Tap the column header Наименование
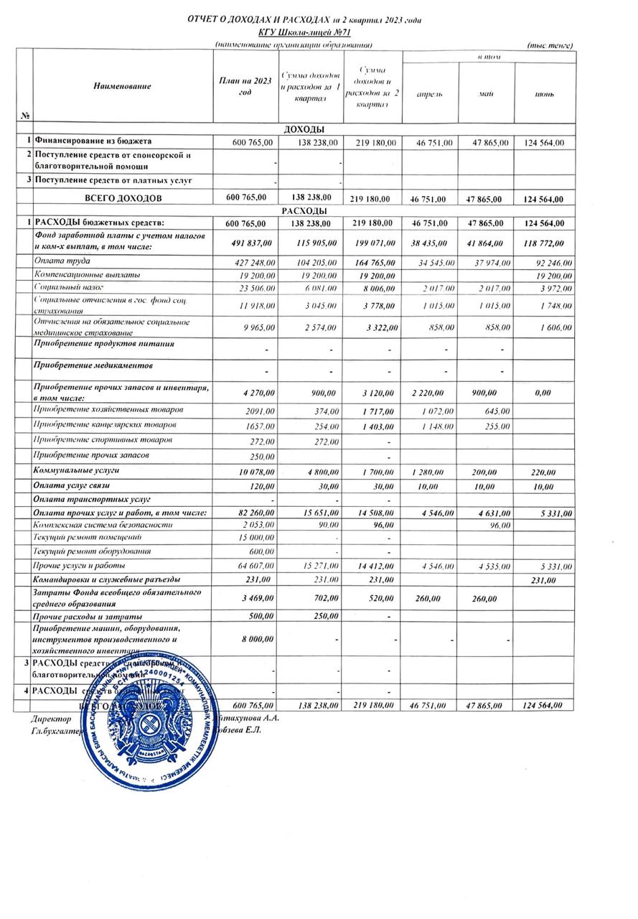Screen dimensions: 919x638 122,86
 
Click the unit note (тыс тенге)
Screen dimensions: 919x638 550,45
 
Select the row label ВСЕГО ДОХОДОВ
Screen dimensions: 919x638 123,197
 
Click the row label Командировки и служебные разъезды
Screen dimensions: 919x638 106,579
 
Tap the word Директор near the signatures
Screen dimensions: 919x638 51,717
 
